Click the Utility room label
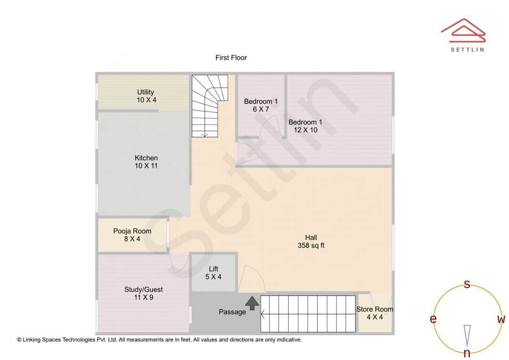[x=146, y=96]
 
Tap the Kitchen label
[x=146, y=162]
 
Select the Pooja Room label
[x=132, y=235]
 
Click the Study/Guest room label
[x=143, y=293]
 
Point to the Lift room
[x=213, y=273]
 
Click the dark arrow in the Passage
[x=252, y=303]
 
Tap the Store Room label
[x=375, y=313]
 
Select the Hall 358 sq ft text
[x=311, y=241]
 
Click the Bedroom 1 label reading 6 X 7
[x=261, y=105]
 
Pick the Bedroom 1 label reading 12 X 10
[x=305, y=126]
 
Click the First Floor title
[x=231, y=57]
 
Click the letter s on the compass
[x=467, y=284]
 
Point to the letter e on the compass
[x=433, y=319]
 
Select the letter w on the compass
[x=501, y=319]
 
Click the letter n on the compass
[x=467, y=353]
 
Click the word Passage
[x=232, y=312]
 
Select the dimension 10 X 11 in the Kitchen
[x=146, y=166]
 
